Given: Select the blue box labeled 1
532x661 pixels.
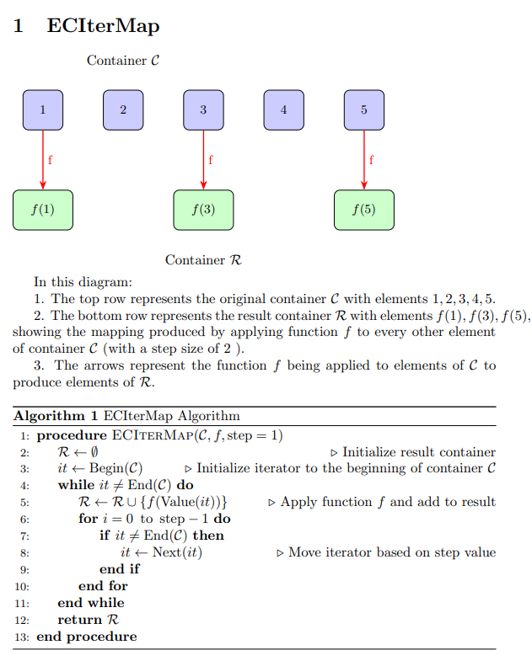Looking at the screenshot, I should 42,109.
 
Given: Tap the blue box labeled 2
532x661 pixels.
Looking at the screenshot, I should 123,109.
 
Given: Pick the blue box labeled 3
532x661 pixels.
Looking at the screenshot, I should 203,109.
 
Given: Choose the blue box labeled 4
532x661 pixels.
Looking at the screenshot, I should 283,109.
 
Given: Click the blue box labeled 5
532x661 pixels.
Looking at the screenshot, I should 364,109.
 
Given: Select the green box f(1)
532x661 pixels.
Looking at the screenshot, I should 42,210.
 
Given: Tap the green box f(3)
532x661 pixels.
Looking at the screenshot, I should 203,210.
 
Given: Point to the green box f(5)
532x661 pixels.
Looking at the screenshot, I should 364,210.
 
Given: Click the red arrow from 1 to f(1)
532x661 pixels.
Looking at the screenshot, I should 42,160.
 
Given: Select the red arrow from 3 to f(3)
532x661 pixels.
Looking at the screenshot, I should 203,160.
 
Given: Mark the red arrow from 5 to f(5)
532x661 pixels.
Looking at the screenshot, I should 364,160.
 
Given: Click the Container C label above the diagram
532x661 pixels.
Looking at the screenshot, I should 123,61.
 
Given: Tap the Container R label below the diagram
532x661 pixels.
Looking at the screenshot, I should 203,260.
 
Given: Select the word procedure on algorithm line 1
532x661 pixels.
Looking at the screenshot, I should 73,435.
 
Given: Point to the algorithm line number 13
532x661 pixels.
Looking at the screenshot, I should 23,637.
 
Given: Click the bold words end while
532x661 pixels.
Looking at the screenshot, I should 90,603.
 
